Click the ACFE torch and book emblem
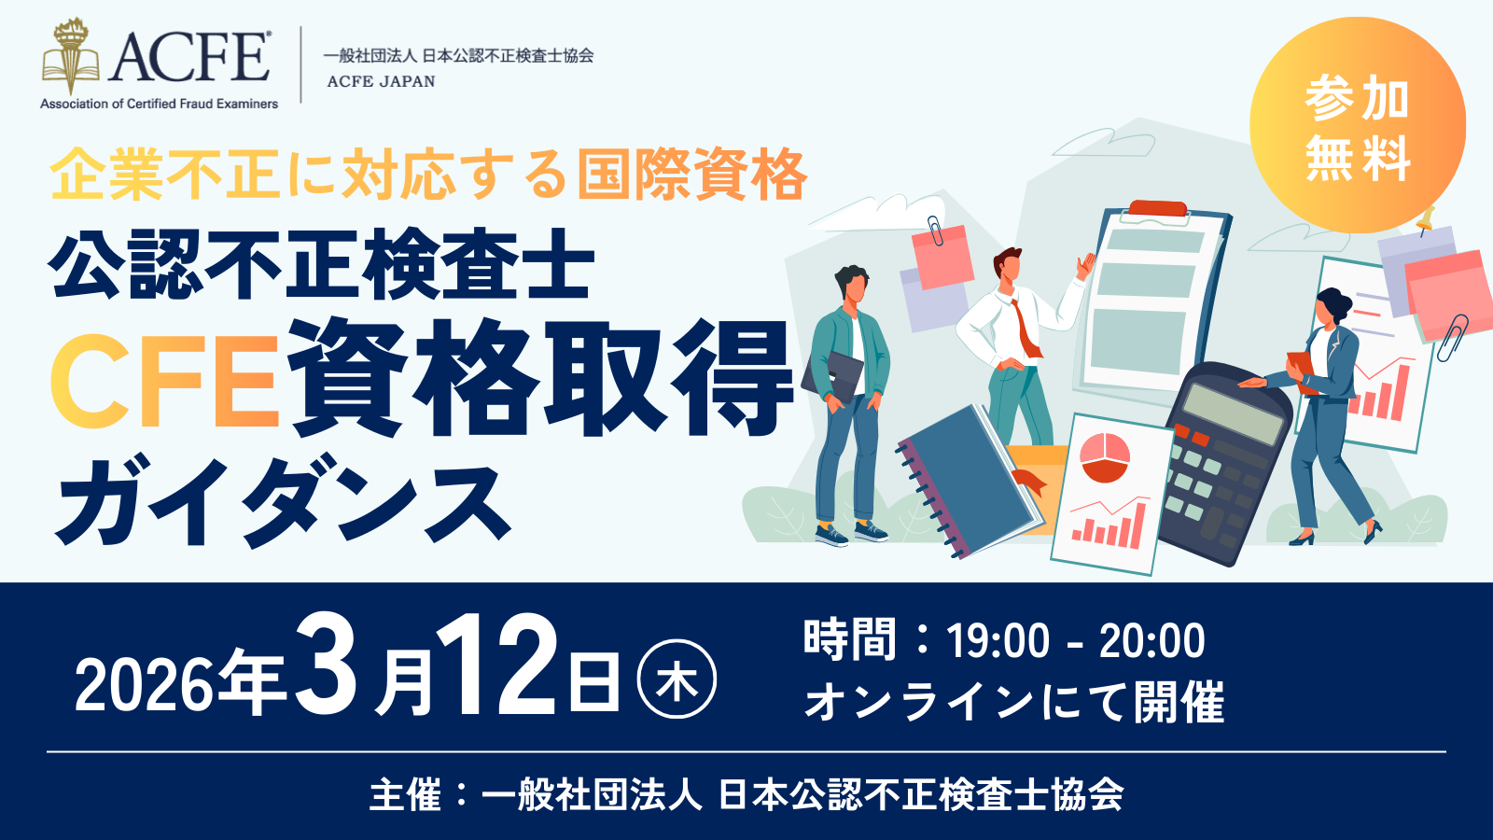[x=70, y=56]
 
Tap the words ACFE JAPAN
[x=381, y=81]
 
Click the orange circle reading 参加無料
[x=1357, y=125]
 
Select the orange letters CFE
[x=164, y=381]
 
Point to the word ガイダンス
[x=284, y=500]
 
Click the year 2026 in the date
[x=146, y=685]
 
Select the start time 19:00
[x=998, y=641]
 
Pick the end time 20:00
[x=1151, y=641]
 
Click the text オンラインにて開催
[x=1014, y=702]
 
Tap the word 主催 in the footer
[x=405, y=794]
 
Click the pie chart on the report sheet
[x=1105, y=457]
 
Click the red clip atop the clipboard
[x=1158, y=209]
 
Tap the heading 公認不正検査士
[x=321, y=265]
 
